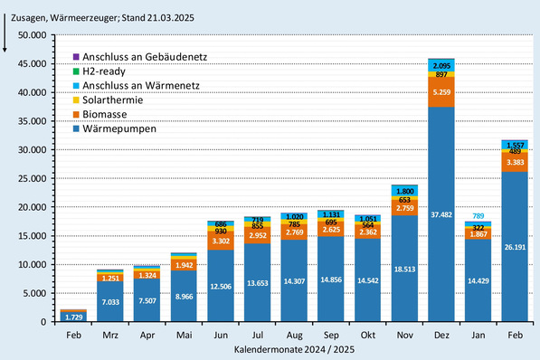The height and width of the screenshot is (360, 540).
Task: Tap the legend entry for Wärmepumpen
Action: tap(117, 128)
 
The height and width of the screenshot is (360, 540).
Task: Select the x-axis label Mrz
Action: tap(110, 334)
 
